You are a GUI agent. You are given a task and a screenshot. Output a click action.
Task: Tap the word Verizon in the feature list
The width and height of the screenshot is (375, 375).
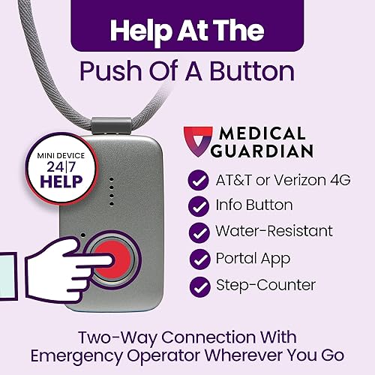click(277, 180)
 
